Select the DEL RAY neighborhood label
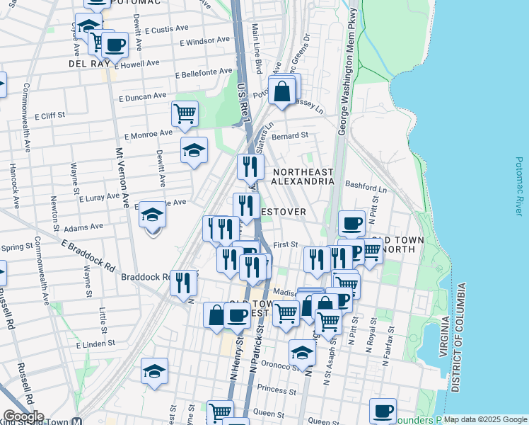pos(88,64)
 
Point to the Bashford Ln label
pos(366,186)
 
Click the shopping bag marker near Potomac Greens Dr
pos(282,91)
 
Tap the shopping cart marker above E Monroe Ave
pos(185,113)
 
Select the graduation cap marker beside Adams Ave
pos(152,215)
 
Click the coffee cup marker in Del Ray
pos(115,45)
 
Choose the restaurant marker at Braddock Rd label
pos(183,282)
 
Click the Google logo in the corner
pos(23,417)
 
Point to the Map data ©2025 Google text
pos(484,419)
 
